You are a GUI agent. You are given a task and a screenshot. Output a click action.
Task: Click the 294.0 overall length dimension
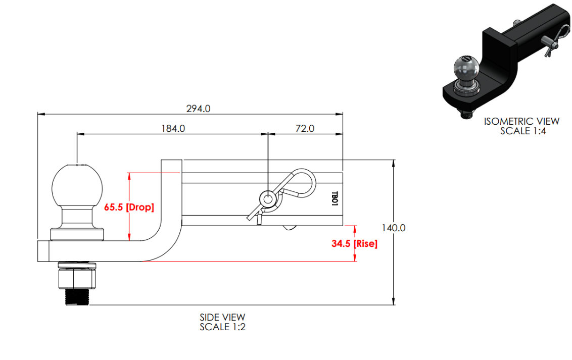click(199, 109)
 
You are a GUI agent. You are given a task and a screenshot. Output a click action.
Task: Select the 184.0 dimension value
click(173, 128)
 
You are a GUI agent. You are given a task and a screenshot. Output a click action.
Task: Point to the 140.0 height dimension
click(394, 228)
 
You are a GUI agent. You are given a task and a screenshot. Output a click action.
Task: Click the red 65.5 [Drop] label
click(129, 207)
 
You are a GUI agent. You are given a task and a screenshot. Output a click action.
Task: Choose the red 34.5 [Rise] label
click(354, 243)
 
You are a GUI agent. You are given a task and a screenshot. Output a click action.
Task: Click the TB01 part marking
click(334, 198)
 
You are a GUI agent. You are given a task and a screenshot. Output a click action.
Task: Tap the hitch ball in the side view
click(76, 185)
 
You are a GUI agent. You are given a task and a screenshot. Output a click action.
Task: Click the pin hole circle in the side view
click(266, 198)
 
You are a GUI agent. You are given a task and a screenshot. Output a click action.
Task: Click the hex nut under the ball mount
click(76, 278)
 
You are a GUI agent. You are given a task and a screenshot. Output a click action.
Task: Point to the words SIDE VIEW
click(222, 318)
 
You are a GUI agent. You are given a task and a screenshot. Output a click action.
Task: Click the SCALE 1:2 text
click(222, 327)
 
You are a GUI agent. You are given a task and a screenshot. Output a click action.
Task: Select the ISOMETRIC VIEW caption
click(521, 121)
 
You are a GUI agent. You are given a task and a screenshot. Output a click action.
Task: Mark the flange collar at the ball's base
click(77, 234)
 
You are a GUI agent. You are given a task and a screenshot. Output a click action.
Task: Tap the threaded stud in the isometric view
click(465, 114)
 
